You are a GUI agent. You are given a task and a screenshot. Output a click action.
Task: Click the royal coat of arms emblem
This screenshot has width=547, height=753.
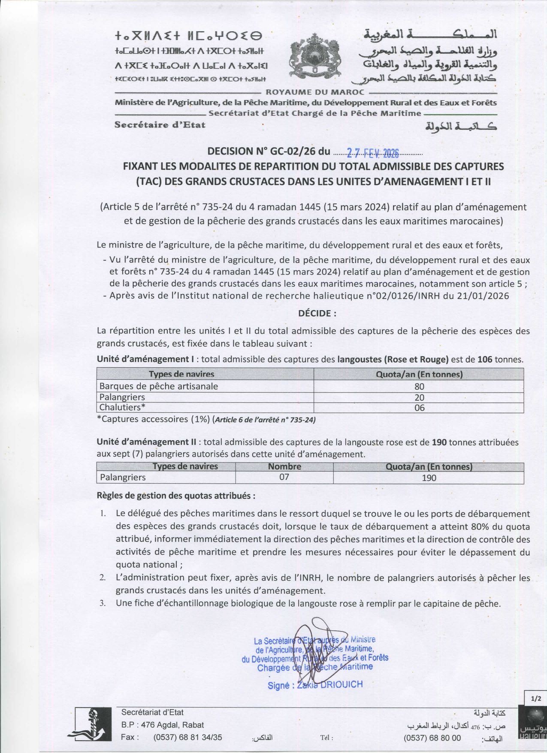315,56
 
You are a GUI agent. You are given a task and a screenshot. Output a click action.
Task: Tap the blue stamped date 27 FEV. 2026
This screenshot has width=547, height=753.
372,153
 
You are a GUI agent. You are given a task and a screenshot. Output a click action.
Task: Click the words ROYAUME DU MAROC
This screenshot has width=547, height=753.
315,92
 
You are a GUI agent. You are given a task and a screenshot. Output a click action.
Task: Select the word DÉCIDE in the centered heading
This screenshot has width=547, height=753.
314,313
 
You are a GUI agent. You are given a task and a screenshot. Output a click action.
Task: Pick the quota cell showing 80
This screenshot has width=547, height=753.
419,386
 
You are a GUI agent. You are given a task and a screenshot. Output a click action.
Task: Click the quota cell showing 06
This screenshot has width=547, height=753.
419,408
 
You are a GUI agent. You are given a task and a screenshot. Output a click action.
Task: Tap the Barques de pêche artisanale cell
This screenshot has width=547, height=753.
159,386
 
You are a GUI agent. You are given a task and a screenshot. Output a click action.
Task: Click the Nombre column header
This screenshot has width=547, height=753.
284,466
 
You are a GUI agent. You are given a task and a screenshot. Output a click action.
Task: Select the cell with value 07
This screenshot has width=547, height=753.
284,477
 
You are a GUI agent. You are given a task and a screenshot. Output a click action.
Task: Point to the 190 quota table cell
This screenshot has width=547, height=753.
429,478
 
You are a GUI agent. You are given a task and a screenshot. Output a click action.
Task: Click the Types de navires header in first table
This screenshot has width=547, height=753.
181,374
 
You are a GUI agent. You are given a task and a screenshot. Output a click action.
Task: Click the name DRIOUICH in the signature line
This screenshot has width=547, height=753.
341,684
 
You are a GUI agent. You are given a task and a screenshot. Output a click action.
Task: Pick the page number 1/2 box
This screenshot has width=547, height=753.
536,699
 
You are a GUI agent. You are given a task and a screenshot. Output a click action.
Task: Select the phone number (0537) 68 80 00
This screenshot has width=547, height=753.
432,738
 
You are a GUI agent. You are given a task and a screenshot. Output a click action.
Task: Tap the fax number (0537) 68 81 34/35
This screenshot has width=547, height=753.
187,738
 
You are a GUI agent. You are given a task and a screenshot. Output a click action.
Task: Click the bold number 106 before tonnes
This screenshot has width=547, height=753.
485,360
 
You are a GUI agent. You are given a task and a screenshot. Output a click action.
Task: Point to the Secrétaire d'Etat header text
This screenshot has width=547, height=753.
160,125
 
